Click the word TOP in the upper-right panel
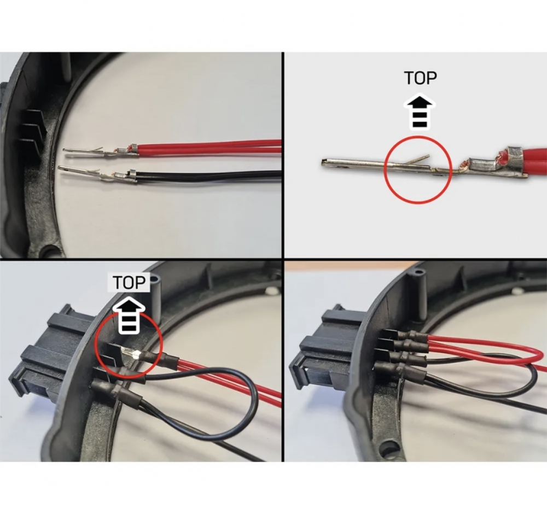coord(420,78)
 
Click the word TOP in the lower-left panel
coord(129,283)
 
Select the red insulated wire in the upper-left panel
coord(210,147)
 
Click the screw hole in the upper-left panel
coord(52,250)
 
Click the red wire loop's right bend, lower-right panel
coord(534,356)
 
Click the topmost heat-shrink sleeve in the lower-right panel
coord(415,337)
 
